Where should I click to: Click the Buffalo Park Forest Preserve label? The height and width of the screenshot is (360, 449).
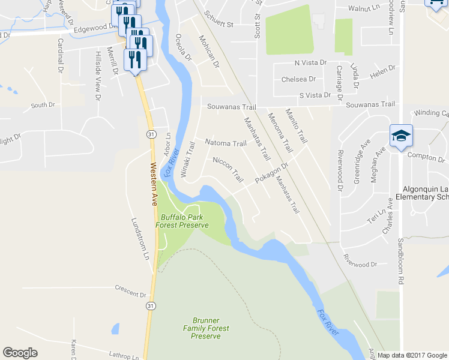tap(182, 221)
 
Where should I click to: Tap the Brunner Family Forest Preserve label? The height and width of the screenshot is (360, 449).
tap(205, 328)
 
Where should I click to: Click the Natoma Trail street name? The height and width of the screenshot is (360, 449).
tap(226, 143)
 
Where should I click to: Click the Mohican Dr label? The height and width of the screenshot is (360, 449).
tap(209, 51)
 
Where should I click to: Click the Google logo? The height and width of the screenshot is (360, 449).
tap(20, 353)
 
